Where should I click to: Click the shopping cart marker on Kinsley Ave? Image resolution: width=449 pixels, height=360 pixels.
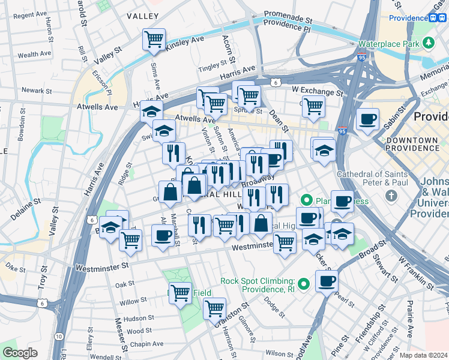(154, 40)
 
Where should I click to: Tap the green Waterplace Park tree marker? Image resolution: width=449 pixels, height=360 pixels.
(429, 43)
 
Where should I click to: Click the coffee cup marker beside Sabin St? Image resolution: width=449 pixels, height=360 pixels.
(367, 118)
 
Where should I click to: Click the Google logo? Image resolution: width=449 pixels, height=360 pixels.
(20, 352)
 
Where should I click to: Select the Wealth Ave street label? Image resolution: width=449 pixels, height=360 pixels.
(34, 55)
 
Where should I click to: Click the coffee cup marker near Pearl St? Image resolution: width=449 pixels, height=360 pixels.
(327, 280)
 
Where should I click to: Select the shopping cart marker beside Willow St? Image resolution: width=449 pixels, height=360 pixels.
(180, 293)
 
